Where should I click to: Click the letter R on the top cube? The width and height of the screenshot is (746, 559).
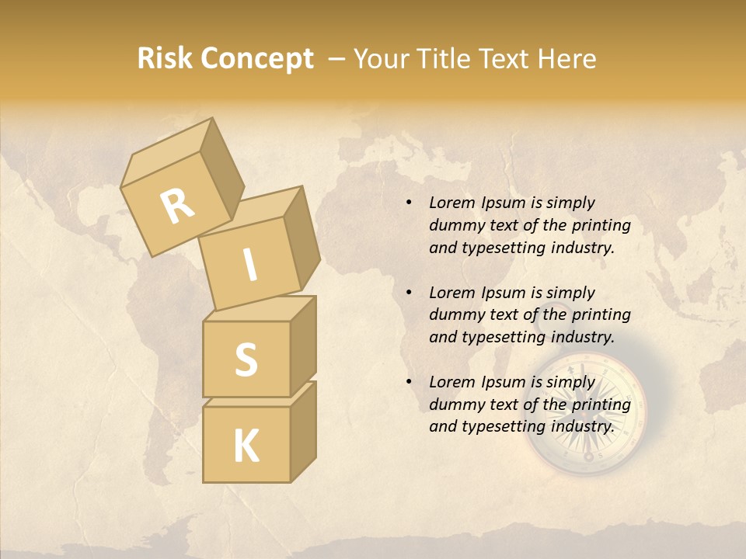pos(177,206)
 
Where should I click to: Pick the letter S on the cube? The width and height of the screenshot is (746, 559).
pos(246,359)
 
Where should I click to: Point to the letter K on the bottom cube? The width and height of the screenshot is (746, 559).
pos(246,446)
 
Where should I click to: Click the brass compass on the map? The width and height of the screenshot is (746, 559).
pos(591,413)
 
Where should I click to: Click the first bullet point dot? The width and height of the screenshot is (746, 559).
pos(409,203)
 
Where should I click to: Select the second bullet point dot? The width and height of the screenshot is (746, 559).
pos(409,293)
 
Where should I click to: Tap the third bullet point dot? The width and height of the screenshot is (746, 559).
pos(409,382)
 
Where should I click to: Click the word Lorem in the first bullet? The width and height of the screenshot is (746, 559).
pos(451,203)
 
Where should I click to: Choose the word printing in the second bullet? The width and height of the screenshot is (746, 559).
pos(601,315)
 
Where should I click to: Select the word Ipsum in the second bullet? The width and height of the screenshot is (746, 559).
pos(502,293)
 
